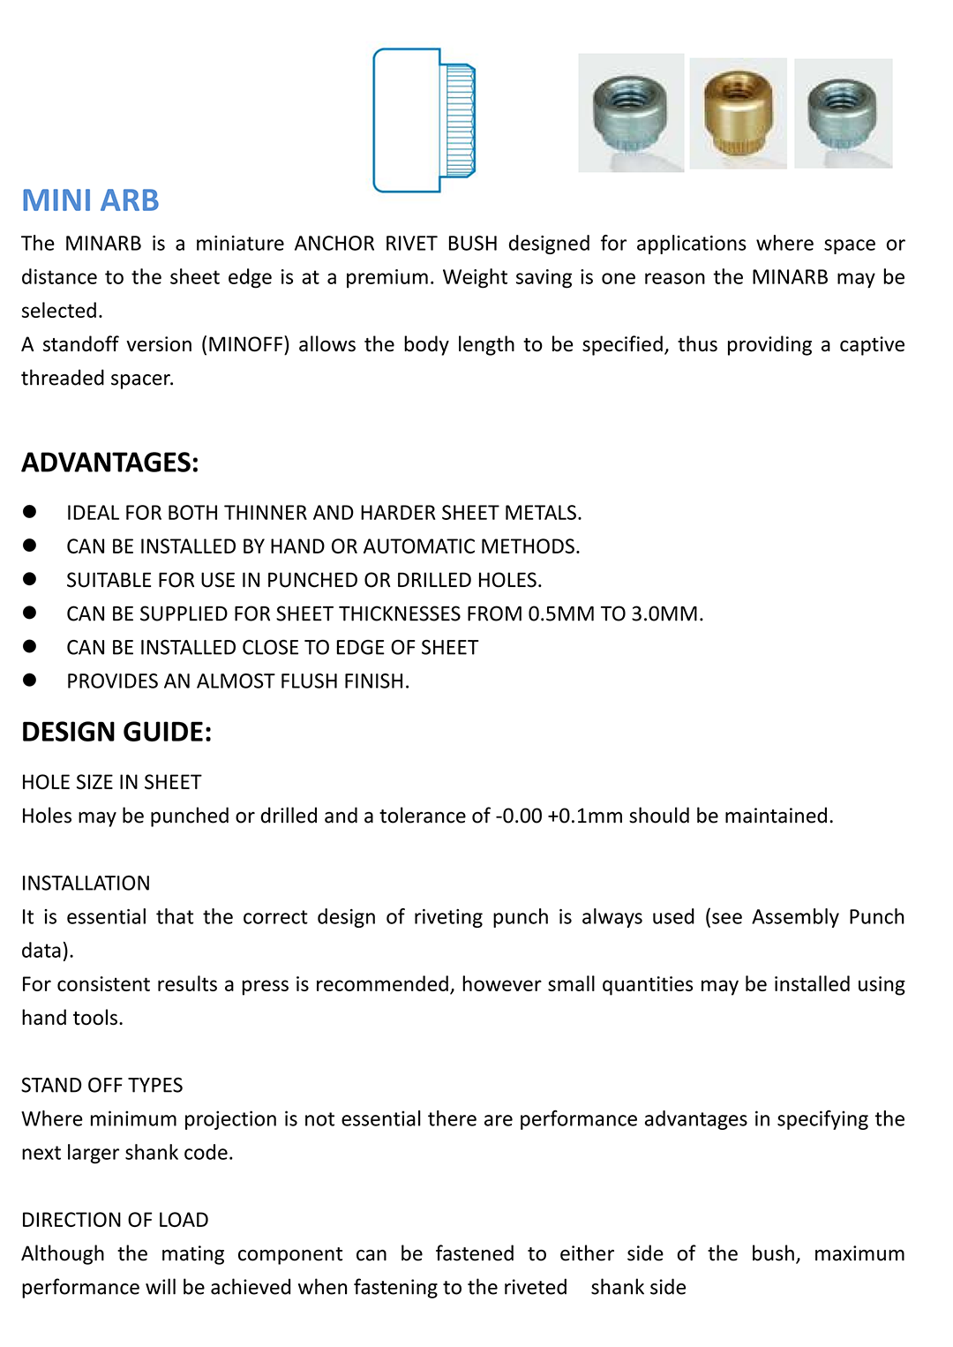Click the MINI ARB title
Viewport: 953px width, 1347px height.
coord(90,200)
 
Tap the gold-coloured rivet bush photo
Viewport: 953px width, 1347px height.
coord(738,113)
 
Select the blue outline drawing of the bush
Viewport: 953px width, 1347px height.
coord(424,120)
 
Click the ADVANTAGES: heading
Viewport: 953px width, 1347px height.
coord(110,463)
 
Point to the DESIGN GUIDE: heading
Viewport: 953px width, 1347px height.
coord(116,732)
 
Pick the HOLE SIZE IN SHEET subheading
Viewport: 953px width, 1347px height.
coord(111,782)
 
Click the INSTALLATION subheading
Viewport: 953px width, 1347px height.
coord(86,883)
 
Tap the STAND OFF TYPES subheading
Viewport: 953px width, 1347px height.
coord(102,1085)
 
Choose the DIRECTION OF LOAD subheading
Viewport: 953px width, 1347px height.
coord(115,1220)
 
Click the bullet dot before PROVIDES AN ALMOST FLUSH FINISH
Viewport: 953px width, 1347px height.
coord(30,680)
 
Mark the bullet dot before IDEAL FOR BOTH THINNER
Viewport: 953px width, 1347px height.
coord(30,511)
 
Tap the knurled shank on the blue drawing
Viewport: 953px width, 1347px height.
coord(459,120)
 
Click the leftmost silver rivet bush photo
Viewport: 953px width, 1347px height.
coord(630,113)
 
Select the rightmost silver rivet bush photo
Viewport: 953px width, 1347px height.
coord(843,113)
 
